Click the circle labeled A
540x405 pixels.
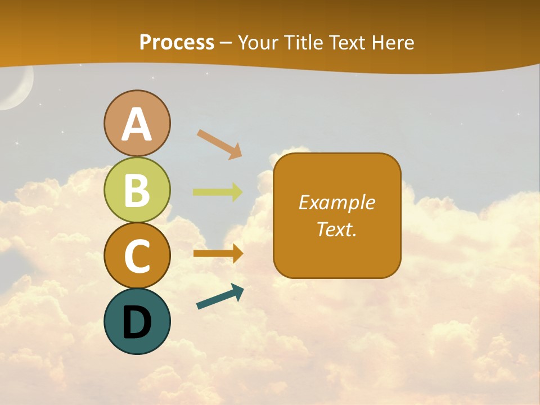point(137,124)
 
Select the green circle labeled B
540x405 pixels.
point(137,190)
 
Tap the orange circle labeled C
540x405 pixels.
point(137,255)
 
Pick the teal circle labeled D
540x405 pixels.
point(137,321)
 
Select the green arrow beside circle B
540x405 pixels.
point(217,192)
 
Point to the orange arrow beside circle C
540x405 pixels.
point(217,254)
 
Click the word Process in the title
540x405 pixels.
point(177,42)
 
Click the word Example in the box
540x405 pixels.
point(336,202)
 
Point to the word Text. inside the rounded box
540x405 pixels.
point(336,229)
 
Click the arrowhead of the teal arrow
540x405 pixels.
point(237,291)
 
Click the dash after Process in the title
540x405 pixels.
point(226,43)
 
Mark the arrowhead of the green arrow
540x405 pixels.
point(237,192)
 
